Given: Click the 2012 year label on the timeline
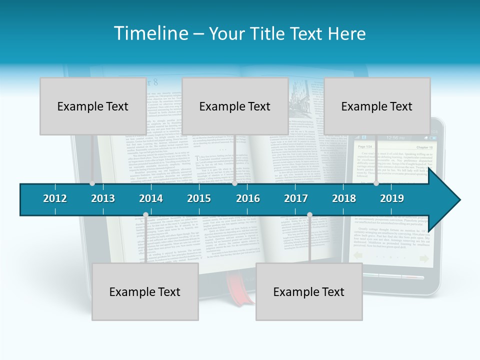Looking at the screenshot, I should [55, 198].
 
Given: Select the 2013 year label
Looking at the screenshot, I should [103, 198].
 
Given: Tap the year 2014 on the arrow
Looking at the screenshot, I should [151, 198].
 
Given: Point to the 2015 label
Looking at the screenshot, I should [199, 198].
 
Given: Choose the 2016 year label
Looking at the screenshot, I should [248, 198].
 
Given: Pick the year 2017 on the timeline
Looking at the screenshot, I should [296, 198].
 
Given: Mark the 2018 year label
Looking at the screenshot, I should [344, 198].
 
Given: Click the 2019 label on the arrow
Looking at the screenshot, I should [392, 198].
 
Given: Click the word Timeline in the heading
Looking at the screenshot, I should [150, 33].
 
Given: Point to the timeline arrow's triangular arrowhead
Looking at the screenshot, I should [445, 199].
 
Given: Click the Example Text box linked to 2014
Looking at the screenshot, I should [145, 291].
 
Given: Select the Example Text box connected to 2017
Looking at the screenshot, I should [309, 291].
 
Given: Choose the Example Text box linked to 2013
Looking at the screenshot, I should [93, 106].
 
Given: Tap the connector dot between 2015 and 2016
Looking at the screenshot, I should [234, 183].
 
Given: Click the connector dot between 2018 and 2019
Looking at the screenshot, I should [376, 183].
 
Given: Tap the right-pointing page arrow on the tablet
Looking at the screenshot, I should [424, 258].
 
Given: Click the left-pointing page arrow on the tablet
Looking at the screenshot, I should [358, 256].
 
